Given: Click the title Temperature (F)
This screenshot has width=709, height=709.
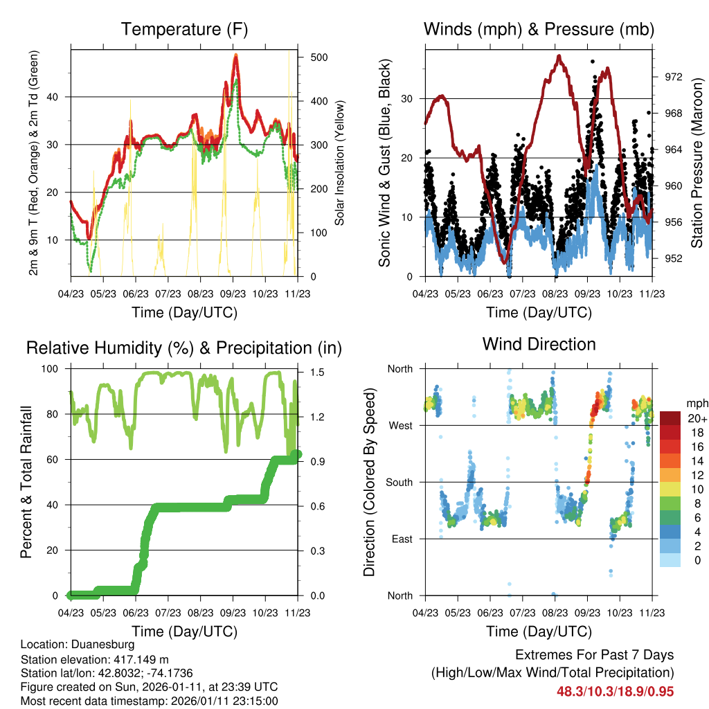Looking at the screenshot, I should click(x=184, y=29).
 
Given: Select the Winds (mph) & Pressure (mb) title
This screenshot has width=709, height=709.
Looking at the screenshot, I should click(x=539, y=29).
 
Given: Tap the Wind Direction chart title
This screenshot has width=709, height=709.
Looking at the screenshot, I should click(x=539, y=343).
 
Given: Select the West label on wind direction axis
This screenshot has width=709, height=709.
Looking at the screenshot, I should click(x=400, y=425).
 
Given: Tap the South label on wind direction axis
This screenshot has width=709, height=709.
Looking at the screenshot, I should click(x=399, y=482).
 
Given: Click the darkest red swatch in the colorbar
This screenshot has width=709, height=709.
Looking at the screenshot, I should click(x=670, y=418).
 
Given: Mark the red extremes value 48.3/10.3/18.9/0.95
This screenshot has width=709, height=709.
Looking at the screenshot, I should click(x=615, y=691).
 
